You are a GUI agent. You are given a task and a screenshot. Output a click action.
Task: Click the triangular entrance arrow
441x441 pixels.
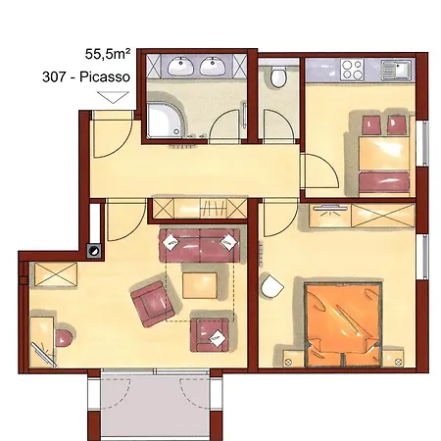coord(113,98)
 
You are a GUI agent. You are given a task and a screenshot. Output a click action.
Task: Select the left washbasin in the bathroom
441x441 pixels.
coord(179,69)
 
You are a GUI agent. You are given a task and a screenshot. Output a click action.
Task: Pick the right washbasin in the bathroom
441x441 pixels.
coord(214,69)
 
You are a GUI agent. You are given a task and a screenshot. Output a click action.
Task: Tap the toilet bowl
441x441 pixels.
coord(280,75)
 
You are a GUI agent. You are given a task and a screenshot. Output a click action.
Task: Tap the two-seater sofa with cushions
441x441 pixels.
coord(201,245)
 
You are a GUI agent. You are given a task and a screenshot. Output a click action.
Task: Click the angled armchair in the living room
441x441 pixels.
coord(149,303)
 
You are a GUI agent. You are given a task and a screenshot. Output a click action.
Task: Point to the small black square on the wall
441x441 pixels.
coord(93,249)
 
